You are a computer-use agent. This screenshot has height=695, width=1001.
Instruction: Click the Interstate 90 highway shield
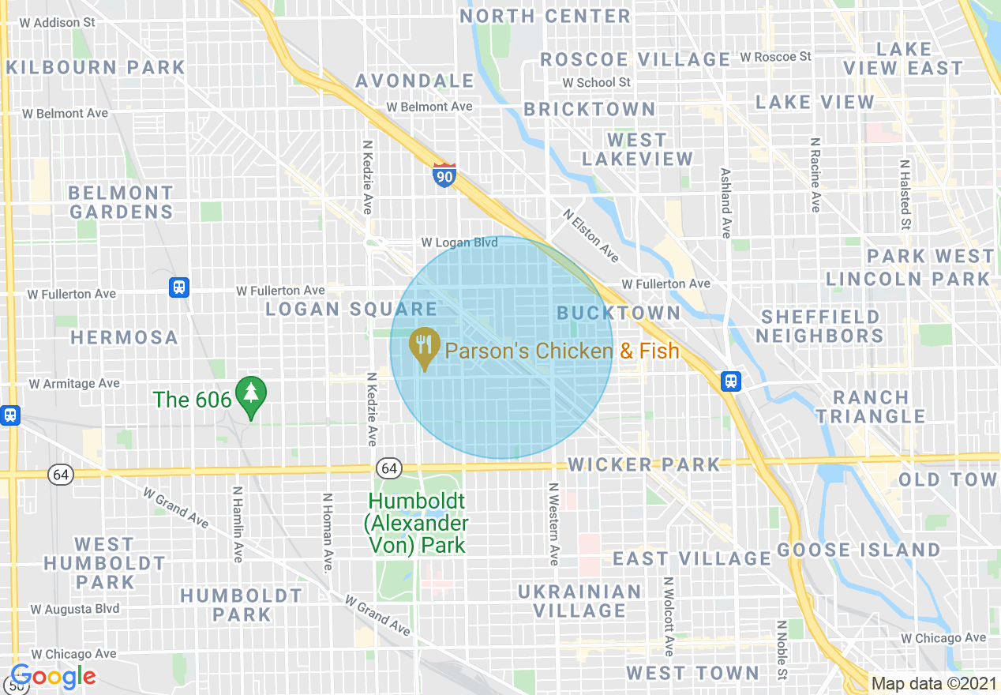[444, 175]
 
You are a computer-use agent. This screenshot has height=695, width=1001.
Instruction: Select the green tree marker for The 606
[252, 396]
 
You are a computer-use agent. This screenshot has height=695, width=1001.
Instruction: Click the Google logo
[53, 676]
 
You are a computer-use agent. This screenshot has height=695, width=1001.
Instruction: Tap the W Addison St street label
[58, 22]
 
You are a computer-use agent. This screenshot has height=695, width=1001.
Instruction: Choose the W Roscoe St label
[775, 57]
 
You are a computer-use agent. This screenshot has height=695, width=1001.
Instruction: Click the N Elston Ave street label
[591, 235]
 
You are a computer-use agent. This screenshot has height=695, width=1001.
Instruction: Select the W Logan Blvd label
[459, 242]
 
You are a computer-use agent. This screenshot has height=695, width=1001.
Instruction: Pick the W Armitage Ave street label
[74, 384]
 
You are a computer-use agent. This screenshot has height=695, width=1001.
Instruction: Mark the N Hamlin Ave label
[237, 524]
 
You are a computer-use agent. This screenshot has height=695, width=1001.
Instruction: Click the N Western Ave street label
[553, 524]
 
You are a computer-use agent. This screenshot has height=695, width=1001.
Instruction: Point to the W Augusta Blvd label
[75, 609]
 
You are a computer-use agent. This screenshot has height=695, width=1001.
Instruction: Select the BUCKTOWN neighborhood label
[618, 313]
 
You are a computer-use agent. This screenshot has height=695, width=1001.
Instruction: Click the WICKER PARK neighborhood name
[644, 464]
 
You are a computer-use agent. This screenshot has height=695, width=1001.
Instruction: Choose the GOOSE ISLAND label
[859, 550]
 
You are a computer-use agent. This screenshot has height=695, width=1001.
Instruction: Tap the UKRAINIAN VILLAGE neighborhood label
[580, 601]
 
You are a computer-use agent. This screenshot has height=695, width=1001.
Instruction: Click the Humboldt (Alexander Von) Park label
[416, 523]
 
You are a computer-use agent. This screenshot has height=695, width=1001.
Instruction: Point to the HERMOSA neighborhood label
[124, 337]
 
